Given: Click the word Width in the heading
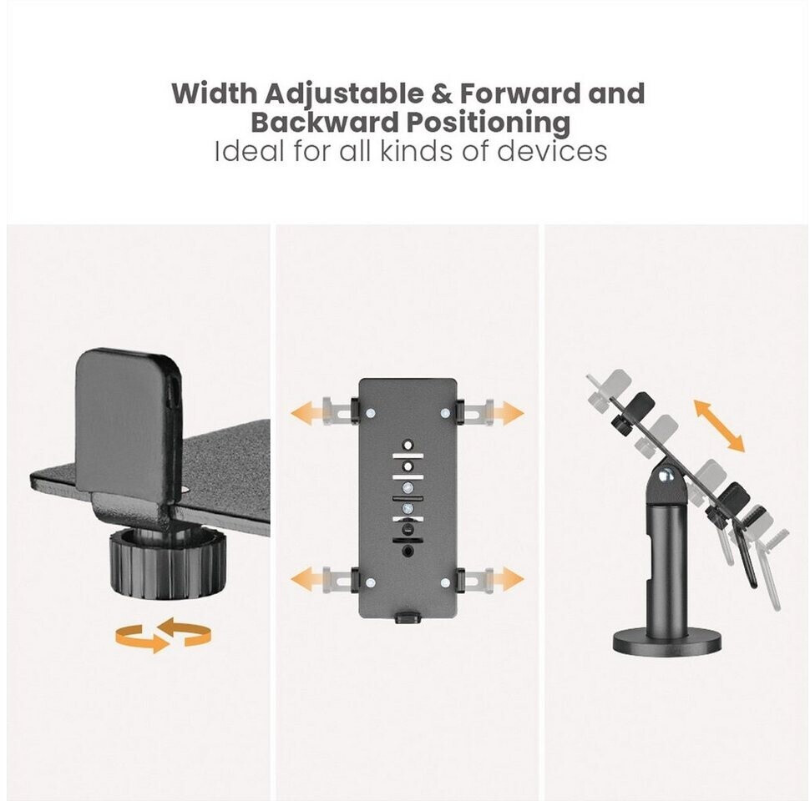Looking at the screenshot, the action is point(215,93).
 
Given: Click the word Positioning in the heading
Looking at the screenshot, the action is point(489,123).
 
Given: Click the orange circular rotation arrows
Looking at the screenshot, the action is point(163,633).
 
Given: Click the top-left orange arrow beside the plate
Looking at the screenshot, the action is point(307,413).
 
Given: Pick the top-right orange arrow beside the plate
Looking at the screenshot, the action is point(507,413).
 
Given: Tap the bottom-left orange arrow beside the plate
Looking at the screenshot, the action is point(307,580).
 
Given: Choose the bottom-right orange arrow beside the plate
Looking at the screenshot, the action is point(507,580).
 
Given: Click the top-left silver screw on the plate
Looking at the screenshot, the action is point(371,413).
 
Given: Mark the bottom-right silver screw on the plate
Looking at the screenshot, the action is point(445,582).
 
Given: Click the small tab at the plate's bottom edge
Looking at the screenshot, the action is point(408,617).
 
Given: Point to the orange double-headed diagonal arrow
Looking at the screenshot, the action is point(719,426).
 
